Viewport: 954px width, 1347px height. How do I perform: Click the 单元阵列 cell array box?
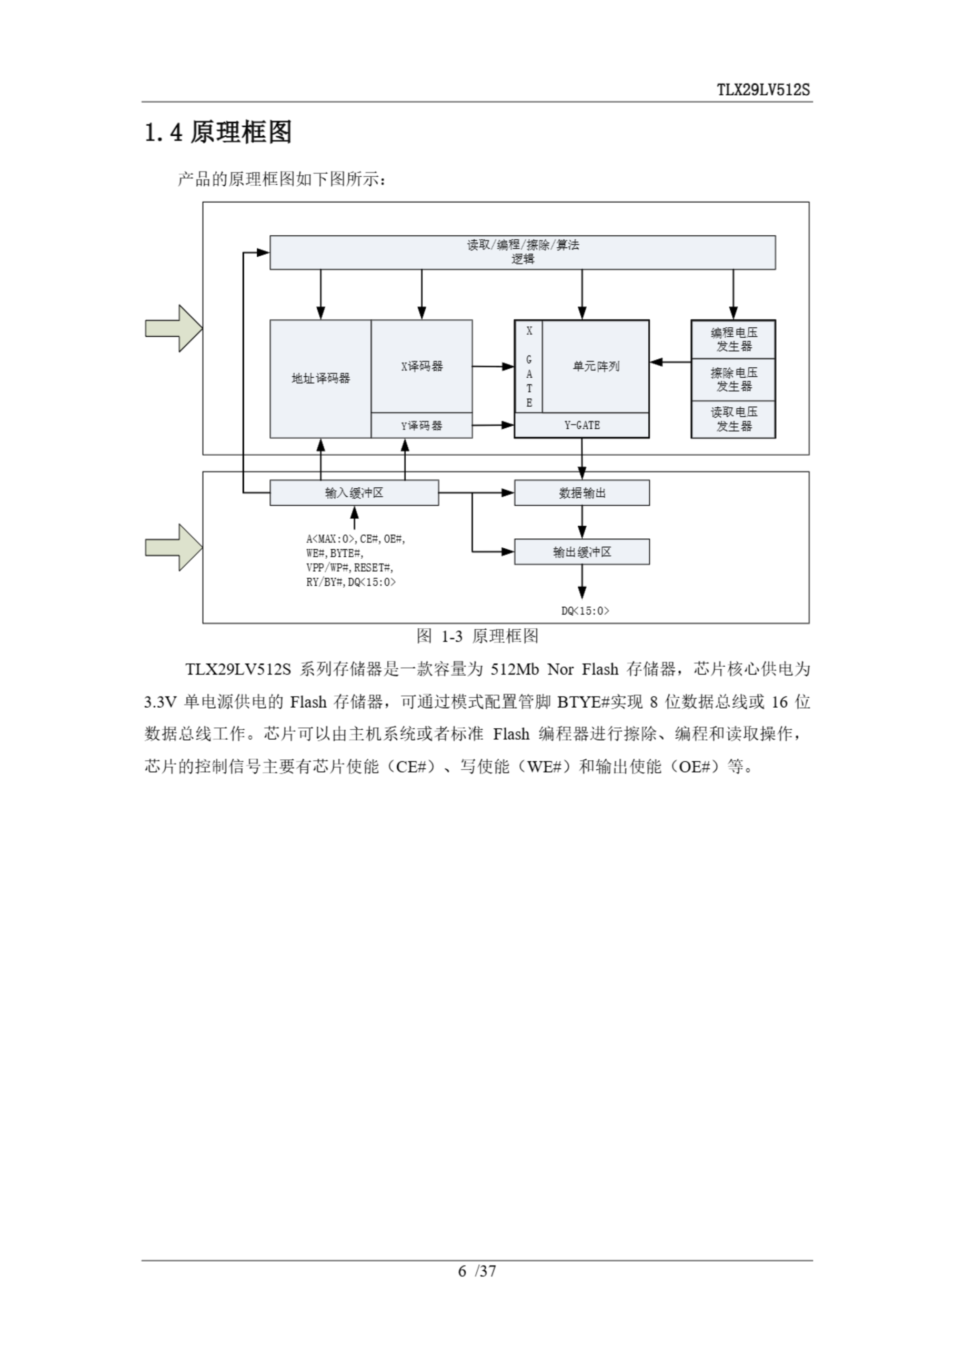595,366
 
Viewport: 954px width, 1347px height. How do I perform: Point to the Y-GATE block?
581,425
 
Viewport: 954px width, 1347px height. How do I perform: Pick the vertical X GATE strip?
529,367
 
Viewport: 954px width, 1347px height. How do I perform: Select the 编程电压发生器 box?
733,339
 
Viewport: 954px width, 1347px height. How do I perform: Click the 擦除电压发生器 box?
733,379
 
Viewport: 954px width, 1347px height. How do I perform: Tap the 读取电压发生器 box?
733,419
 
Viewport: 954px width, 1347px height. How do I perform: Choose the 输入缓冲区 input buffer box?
354,493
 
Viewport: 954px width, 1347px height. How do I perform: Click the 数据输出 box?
581,493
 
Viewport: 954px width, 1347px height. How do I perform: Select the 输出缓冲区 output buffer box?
581,551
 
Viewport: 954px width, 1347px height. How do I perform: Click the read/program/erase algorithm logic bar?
522,253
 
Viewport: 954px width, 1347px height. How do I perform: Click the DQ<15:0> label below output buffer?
585,611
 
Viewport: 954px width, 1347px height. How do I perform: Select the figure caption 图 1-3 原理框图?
477,636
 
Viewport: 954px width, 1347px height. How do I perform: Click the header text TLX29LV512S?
763,90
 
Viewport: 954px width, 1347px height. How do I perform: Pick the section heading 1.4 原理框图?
218,132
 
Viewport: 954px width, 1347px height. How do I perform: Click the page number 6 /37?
477,1271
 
